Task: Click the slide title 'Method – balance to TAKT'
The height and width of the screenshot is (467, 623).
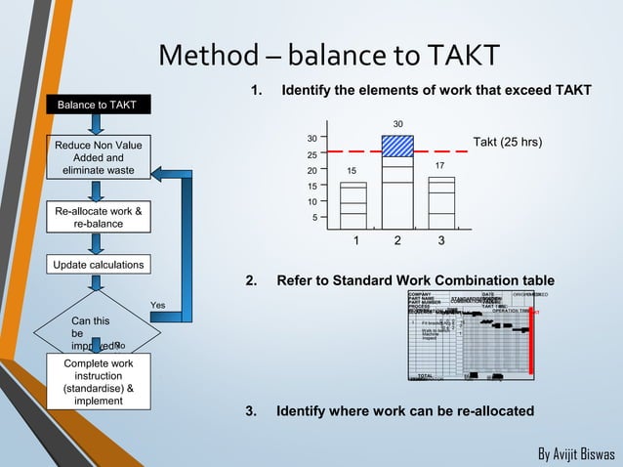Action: [x=329, y=56]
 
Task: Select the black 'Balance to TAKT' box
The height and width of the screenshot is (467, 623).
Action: [x=96, y=104]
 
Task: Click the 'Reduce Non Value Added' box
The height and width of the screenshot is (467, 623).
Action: [x=98, y=158]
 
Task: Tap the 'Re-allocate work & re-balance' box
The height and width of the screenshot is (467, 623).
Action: [x=98, y=217]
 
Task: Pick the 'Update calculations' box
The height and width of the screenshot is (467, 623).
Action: [x=98, y=265]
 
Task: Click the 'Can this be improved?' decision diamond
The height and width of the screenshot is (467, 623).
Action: [x=96, y=332]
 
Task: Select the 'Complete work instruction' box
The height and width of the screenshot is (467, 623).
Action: [x=98, y=381]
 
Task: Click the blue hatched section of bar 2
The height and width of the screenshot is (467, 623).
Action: [x=397, y=146]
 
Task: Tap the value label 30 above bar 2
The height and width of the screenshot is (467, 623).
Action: [x=397, y=124]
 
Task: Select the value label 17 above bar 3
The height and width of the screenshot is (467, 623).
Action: [x=441, y=166]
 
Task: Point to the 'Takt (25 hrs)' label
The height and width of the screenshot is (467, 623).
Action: [x=507, y=143]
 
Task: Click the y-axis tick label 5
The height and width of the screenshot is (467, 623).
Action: [x=313, y=217]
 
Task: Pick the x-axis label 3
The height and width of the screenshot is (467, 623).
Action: [x=441, y=240]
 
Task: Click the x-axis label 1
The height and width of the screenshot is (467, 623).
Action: [x=356, y=240]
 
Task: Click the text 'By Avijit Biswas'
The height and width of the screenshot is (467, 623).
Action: [x=576, y=454]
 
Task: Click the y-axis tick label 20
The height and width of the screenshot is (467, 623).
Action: [x=311, y=170]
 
